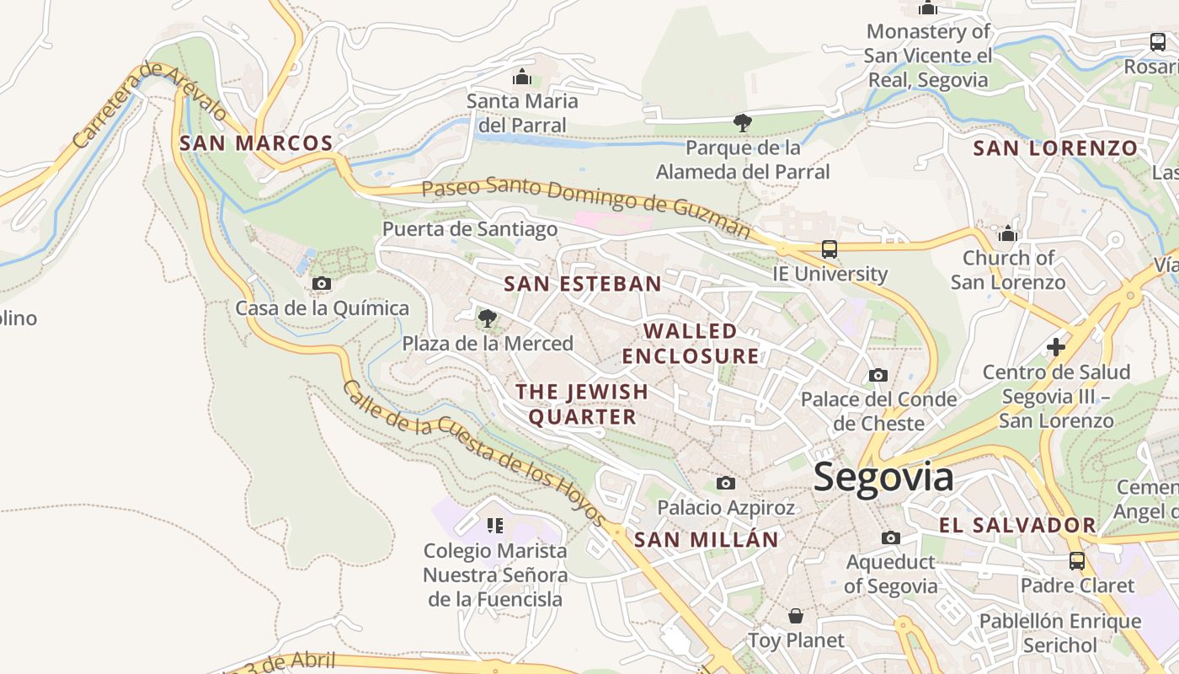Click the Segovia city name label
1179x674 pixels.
tap(883, 477)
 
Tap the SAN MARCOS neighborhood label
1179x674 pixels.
tap(256, 143)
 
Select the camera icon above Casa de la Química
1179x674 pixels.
tap(322, 284)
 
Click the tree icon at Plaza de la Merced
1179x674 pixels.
tap(487, 318)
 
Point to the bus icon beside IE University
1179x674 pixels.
tap(830, 249)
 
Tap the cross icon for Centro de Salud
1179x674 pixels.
tap(1055, 346)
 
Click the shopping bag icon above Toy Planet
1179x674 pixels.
tap(795, 616)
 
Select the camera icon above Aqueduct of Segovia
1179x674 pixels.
tap(890, 538)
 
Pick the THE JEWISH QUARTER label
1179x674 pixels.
tap(582, 404)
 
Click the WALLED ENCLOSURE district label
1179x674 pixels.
tap(691, 343)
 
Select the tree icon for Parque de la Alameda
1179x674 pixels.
tap(742, 123)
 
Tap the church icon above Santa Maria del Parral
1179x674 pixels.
tap(522, 78)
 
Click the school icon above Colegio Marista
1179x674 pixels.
tap(494, 526)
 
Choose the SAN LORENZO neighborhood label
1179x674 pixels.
tap(1055, 148)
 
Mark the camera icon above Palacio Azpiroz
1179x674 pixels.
tap(725, 483)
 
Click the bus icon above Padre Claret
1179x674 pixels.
tap(1076, 560)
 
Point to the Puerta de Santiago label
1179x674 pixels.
tap(470, 229)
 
